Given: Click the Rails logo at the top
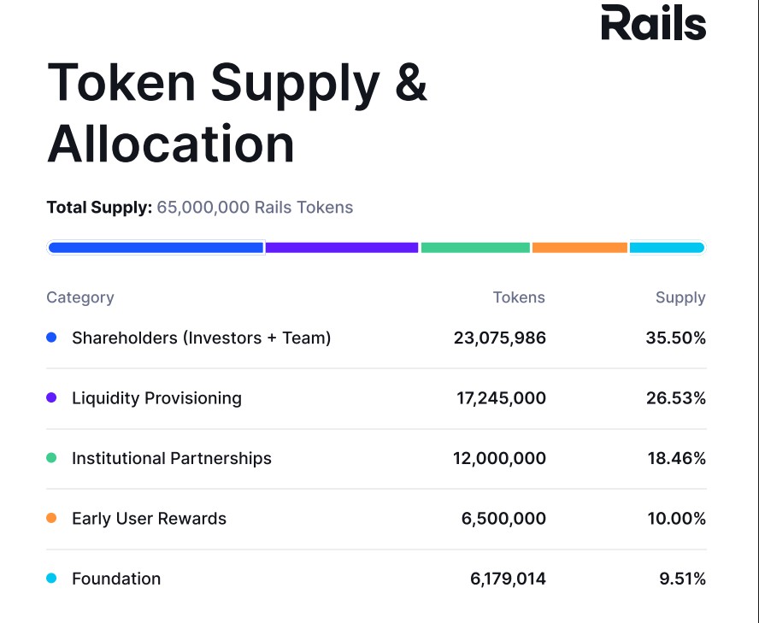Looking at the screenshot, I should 653,23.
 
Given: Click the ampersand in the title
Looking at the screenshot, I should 411,83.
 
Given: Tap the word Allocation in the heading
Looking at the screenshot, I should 171,144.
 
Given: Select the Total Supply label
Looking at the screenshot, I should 99,207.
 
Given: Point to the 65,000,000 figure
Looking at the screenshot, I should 203,207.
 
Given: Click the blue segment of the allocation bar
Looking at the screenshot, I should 156,248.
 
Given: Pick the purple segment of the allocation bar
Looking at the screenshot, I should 342,248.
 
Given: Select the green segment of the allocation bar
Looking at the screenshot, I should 475,248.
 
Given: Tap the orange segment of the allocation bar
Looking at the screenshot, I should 580,248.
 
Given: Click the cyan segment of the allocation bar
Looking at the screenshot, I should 667,248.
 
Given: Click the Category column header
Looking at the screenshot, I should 80,297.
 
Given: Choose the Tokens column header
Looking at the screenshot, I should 519,297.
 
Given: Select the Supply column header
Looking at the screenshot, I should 680,297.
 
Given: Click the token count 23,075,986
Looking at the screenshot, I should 499,338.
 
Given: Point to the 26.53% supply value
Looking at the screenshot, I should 676,398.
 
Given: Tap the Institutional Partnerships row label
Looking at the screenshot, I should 172,459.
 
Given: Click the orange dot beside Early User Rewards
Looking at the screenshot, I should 51,519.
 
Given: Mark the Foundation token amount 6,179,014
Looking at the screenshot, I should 508,579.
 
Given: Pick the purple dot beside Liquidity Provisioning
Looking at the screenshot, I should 51,398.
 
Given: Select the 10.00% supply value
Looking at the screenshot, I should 676,519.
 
